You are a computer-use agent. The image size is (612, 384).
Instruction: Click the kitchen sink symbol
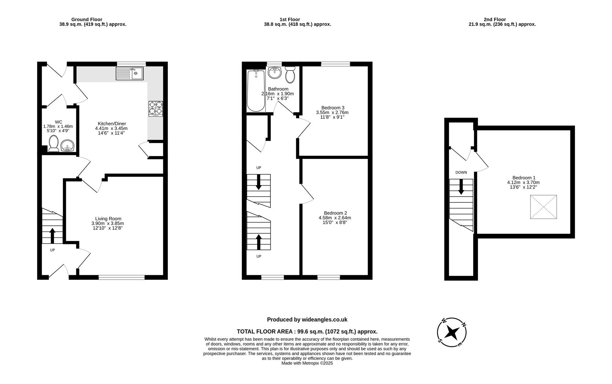129,74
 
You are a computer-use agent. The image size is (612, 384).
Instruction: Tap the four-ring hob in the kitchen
156,108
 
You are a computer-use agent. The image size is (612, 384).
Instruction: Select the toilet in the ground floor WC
54,143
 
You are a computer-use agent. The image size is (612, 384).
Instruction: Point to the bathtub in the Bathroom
256,91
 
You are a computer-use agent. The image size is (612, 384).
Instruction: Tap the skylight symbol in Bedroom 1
543,207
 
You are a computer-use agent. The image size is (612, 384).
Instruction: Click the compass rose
452,332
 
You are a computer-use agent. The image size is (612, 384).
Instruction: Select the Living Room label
108,219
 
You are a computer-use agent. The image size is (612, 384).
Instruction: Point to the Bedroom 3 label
333,108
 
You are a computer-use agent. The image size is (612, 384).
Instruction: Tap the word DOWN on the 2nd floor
461,172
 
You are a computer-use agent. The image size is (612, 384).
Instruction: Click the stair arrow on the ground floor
52,235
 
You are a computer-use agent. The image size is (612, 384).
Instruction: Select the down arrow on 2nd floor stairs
461,187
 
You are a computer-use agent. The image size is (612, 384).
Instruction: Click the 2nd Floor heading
495,20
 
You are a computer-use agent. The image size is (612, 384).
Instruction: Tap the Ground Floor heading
86,20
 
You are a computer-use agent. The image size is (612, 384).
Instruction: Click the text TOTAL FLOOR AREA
265,331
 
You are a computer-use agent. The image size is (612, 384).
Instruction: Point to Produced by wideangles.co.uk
307,320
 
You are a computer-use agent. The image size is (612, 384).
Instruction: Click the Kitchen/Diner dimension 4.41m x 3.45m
111,128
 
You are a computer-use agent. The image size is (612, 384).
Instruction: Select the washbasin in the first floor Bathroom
274,73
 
